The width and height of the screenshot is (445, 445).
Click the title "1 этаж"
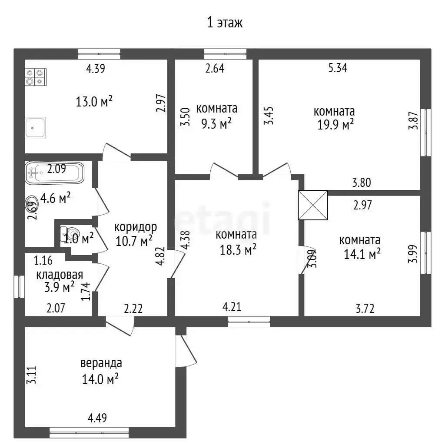(x=225, y=23)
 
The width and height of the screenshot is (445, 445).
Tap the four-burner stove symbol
(x=36, y=77)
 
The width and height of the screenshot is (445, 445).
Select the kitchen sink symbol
(x=35, y=128)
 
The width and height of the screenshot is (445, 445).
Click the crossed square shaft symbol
(x=313, y=205)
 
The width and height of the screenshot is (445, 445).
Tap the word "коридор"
(x=136, y=227)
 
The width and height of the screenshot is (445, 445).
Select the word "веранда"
(x=101, y=363)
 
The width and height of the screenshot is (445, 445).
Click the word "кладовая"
(x=60, y=275)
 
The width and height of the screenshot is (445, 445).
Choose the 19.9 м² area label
(x=335, y=125)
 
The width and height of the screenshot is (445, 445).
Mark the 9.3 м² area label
(x=216, y=123)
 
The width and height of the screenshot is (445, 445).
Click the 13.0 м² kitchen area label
(x=94, y=101)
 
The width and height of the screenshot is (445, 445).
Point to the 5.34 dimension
(x=338, y=68)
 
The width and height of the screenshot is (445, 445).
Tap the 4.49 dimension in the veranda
(x=97, y=418)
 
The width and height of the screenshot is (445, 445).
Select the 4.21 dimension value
(x=232, y=307)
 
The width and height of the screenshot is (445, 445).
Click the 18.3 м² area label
(x=238, y=250)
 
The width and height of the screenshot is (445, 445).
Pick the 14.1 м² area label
(x=362, y=254)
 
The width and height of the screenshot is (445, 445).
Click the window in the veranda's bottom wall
(x=89, y=432)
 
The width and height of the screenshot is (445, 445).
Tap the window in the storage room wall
(x=19, y=287)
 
